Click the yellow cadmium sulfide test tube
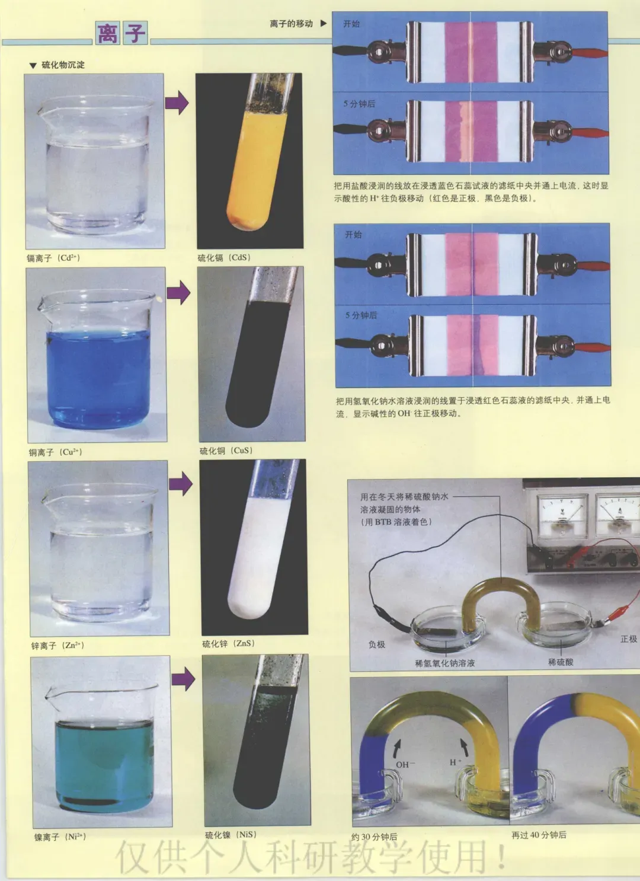[x=258, y=157]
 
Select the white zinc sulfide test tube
[x=261, y=547]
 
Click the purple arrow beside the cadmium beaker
[x=177, y=103]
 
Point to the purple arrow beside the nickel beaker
[x=183, y=679]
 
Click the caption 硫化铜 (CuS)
[x=226, y=451]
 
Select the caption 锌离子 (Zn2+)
[x=58, y=646]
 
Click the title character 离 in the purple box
[x=107, y=33]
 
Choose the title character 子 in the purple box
[x=135, y=33]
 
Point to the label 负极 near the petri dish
[x=377, y=644]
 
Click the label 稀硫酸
[x=561, y=662]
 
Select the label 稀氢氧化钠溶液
[x=444, y=663]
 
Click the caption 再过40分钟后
[x=539, y=835]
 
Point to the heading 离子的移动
[x=292, y=24]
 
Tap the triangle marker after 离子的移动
[x=324, y=24]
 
